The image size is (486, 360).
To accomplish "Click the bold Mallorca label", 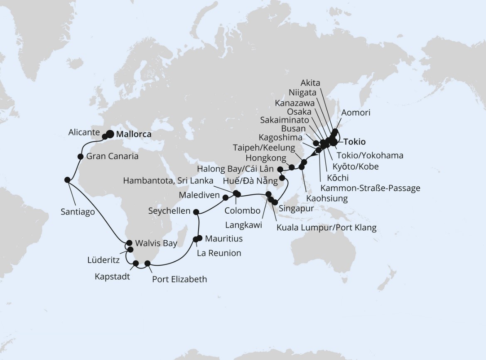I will [134, 135].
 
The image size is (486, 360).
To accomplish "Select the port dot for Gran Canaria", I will [81, 157].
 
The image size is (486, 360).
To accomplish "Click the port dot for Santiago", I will [67, 180].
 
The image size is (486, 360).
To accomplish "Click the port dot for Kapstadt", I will [135, 263].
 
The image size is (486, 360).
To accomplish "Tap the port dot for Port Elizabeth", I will [147, 263].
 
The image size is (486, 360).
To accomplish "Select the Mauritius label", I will [224, 239].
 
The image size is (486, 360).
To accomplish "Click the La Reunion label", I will [218, 253].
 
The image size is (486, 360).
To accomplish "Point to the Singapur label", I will [297, 208].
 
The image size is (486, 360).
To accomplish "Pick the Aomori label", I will [355, 113].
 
